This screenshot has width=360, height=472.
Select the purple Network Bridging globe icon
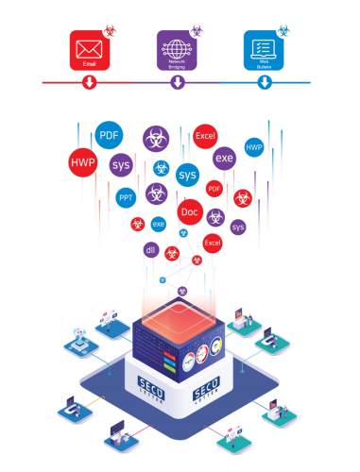(x=177, y=48)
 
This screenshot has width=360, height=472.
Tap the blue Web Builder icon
(x=263, y=47)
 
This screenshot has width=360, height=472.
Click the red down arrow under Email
(x=89, y=83)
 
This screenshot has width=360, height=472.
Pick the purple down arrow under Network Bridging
(x=178, y=83)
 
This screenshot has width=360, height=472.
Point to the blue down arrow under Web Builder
(x=265, y=83)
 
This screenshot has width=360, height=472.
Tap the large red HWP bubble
(x=83, y=163)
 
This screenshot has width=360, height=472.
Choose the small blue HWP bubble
(x=253, y=149)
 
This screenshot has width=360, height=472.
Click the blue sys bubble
(x=187, y=176)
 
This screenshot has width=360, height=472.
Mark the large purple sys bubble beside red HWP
(x=121, y=166)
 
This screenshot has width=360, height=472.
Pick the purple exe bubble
(x=224, y=159)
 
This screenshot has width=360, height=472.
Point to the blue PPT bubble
(x=126, y=198)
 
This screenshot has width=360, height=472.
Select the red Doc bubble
(x=189, y=211)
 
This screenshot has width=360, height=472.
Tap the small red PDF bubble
(x=214, y=189)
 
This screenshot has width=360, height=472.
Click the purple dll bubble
(x=149, y=250)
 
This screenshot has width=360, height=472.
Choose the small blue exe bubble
(x=158, y=224)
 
